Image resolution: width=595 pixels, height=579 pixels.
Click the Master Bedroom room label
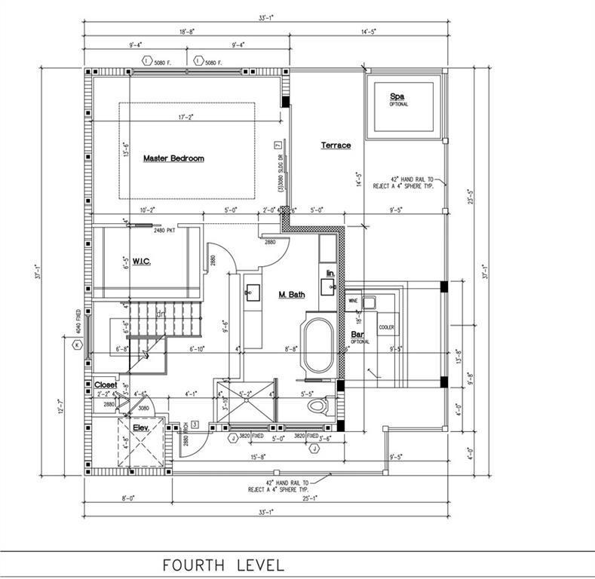click(173, 158)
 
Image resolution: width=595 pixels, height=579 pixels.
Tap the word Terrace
click(336, 145)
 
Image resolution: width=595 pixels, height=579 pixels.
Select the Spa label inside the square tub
click(397, 96)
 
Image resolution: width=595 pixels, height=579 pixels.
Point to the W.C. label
click(143, 262)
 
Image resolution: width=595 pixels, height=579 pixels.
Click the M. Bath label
click(291, 294)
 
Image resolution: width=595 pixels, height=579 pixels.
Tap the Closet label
click(106, 384)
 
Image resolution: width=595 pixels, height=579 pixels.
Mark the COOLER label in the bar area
click(386, 327)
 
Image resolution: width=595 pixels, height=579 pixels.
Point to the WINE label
click(352, 300)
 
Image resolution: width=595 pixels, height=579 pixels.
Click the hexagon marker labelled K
click(76, 345)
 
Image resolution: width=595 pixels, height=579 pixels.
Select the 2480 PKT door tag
click(164, 230)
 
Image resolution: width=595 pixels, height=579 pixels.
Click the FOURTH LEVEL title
click(224, 565)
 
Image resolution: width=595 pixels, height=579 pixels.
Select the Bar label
click(357, 333)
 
